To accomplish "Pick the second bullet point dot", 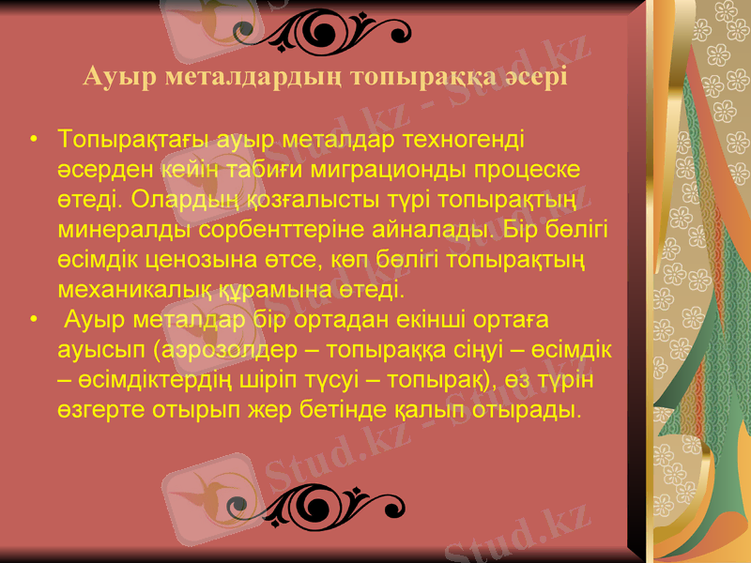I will tap(34, 321).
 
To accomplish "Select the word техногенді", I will tap(463, 141).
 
